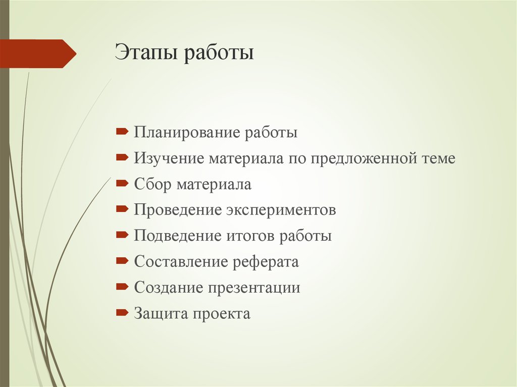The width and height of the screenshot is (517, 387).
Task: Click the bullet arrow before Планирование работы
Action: point(122,132)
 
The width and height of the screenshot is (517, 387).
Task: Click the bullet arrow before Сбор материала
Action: point(122,184)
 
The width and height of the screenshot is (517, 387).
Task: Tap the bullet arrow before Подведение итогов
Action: point(122,235)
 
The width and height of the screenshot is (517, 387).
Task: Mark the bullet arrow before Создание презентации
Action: point(122,287)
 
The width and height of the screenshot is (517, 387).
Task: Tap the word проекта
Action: point(221,314)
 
